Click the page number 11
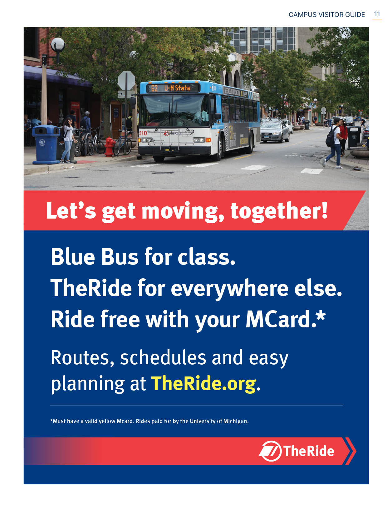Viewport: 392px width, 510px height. pyautogui.click(x=377, y=14)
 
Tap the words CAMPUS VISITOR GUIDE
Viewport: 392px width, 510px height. pyautogui.click(x=326, y=15)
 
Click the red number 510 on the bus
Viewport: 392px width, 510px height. pyautogui.click(x=143, y=133)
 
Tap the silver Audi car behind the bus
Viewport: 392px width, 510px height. pyautogui.click(x=274, y=131)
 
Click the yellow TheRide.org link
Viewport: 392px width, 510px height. pyautogui.click(x=203, y=383)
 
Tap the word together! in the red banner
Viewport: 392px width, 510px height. pyautogui.click(x=279, y=211)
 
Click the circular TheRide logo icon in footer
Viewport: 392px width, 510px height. pyautogui.click(x=270, y=451)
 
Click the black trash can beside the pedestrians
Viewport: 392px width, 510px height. pyautogui.click(x=354, y=136)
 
